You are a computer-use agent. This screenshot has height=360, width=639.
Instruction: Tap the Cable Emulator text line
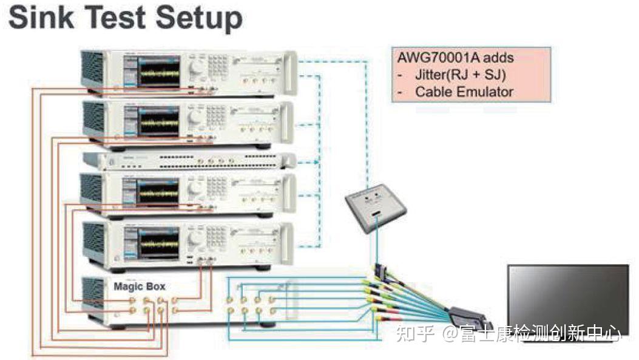464,92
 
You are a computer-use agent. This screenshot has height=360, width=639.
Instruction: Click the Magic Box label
139,286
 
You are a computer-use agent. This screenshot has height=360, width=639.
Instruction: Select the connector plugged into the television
470,317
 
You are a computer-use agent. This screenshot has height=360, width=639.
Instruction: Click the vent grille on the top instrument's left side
93,70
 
